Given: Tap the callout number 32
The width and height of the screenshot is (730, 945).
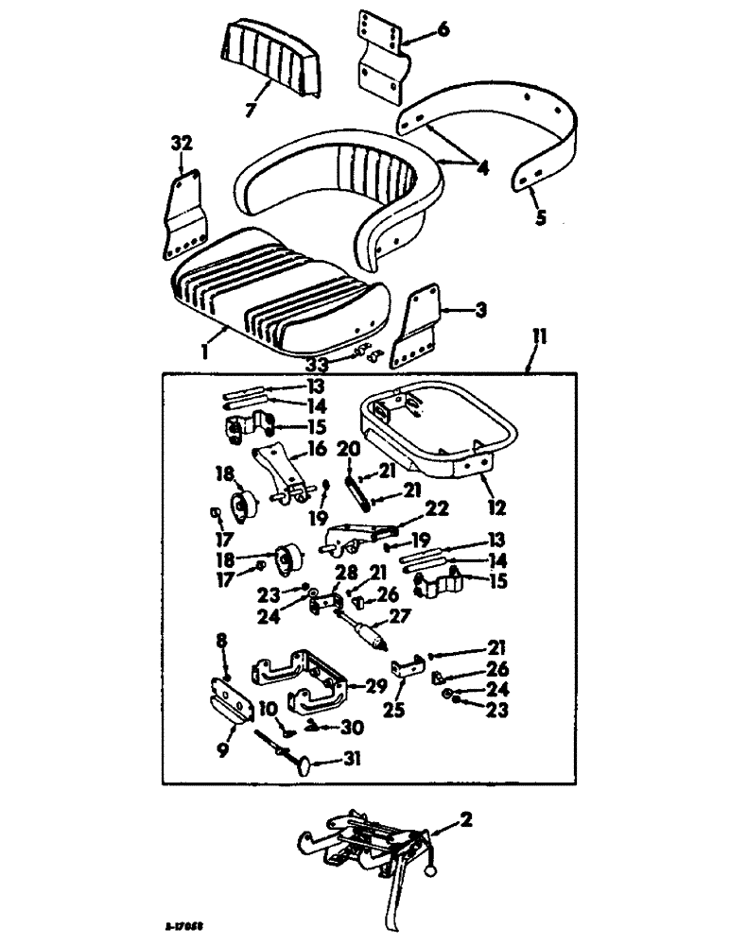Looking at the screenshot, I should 182,144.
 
